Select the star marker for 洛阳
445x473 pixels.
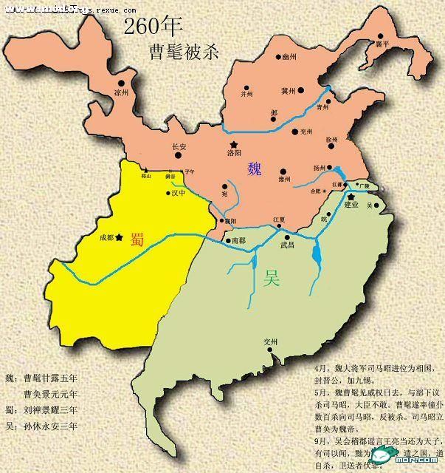pos(235,143)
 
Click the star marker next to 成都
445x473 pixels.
pos(119,237)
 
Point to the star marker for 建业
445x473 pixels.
pos(352,196)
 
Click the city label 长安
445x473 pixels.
pos(179,146)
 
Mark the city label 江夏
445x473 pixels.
pos(279,220)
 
